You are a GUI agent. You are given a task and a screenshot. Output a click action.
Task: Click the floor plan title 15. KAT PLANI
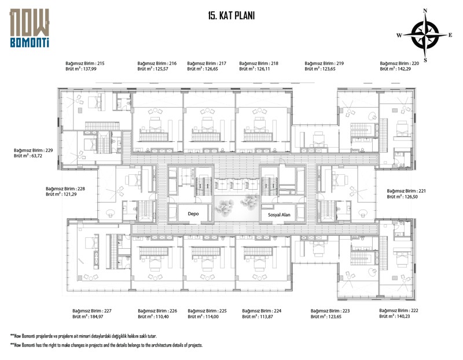pyautogui.click(x=231, y=16)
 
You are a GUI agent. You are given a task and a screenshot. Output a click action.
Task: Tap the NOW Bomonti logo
pyautogui.click(x=30, y=28)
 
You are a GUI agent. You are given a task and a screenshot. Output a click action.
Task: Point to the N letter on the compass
pyautogui.click(x=425, y=10)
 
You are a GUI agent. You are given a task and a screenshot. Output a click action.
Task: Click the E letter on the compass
pyautogui.click(x=450, y=35)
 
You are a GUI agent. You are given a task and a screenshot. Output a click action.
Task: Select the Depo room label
pyautogui.click(x=193, y=214)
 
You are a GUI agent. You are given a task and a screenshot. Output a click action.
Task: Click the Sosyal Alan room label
pyautogui.click(x=279, y=215)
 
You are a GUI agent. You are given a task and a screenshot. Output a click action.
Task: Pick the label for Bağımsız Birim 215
pyautogui.click(x=85, y=63)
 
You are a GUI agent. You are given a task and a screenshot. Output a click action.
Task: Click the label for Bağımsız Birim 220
pyautogui.click(x=399, y=63)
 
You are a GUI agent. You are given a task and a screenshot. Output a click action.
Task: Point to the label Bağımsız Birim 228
pyautogui.click(x=65, y=189)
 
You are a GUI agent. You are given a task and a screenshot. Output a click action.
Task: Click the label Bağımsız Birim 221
pyautogui.click(x=406, y=191)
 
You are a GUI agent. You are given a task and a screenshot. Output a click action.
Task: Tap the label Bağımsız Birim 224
pyautogui.click(x=262, y=311)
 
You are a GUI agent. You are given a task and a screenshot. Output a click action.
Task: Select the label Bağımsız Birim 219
pyautogui.click(x=324, y=63)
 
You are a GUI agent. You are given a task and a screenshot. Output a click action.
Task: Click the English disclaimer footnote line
pyautogui.click(x=106, y=345)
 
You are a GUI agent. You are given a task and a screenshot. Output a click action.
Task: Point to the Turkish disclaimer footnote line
pyautogui.click(x=83, y=336)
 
